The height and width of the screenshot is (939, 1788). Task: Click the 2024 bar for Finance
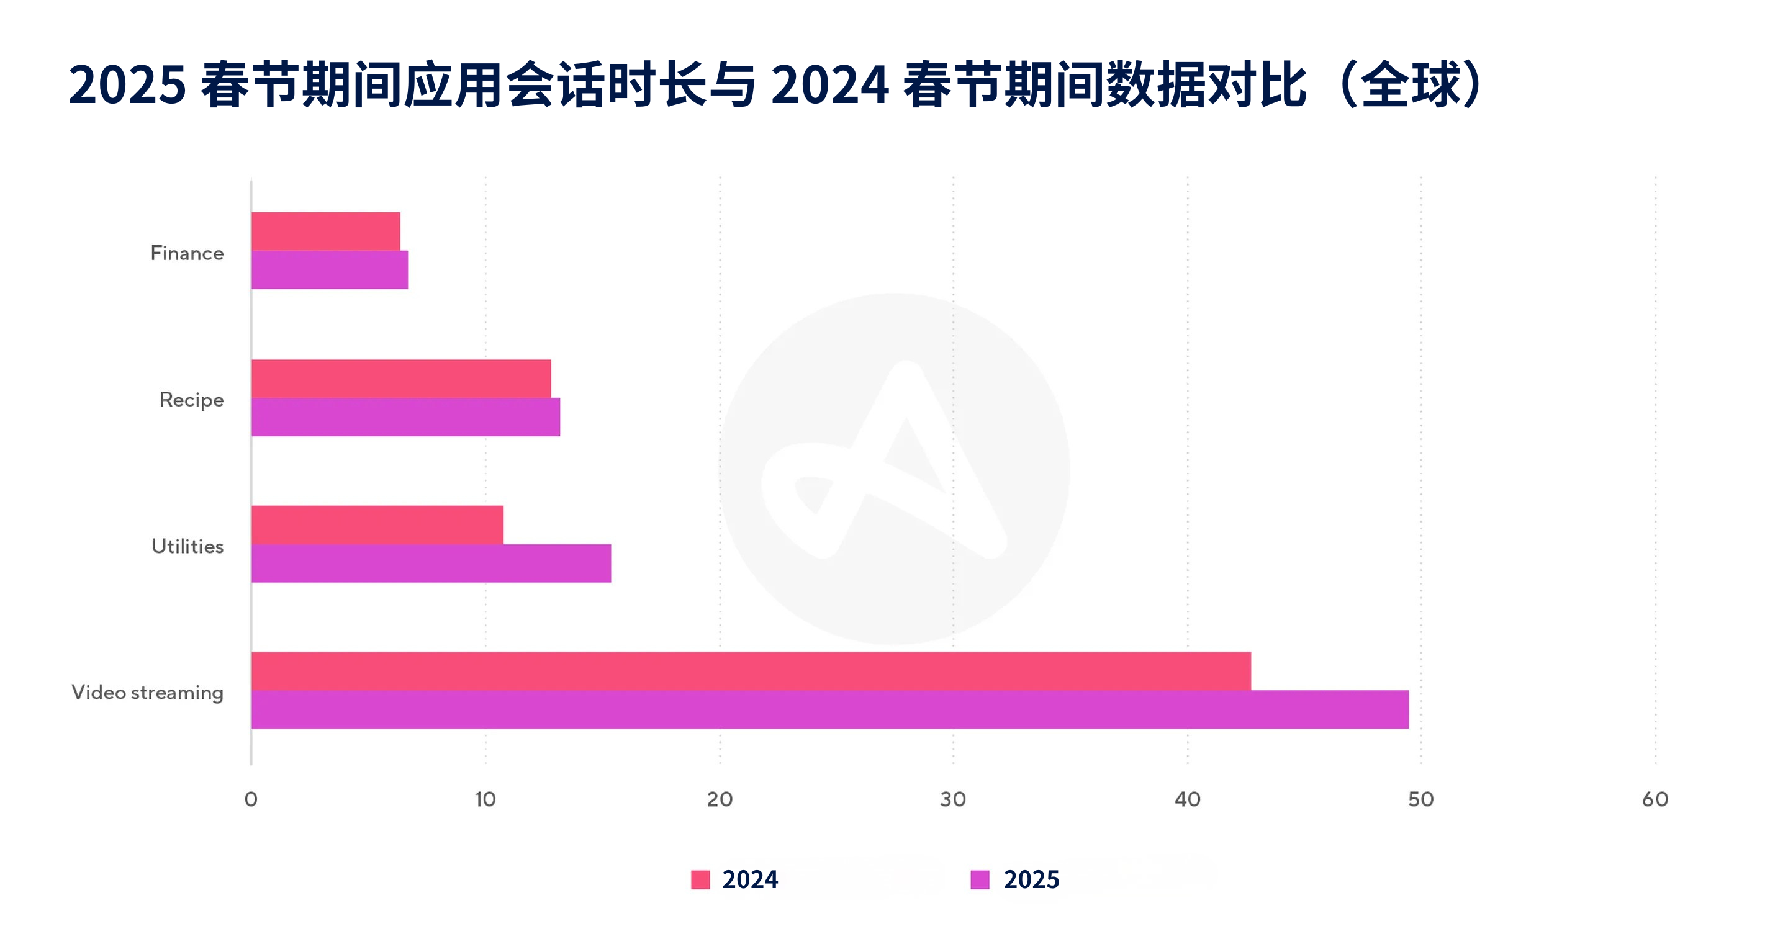coord(325,231)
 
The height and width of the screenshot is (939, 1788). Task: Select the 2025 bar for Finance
coord(330,270)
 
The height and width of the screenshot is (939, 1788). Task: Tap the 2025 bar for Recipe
coord(405,417)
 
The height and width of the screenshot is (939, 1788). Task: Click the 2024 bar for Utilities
coord(377,524)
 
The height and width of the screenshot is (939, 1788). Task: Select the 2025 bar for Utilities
coord(431,564)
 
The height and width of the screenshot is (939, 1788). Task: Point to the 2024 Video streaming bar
coord(751,671)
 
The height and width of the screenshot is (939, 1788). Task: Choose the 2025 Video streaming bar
coord(830,709)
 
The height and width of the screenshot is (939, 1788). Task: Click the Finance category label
coord(187,253)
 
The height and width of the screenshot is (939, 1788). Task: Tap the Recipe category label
coord(192,400)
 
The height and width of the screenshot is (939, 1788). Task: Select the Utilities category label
coord(187,546)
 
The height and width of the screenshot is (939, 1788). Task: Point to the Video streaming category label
coord(147,693)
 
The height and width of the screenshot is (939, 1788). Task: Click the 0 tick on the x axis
coord(251,799)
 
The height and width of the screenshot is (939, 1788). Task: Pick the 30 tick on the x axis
coord(953,799)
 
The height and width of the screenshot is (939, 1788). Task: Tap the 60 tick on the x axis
coord(1655,799)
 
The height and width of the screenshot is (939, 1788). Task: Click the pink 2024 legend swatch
coord(700,879)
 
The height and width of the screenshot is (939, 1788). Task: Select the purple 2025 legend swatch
coord(980,879)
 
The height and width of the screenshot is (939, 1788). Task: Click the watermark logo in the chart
coord(894,469)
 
